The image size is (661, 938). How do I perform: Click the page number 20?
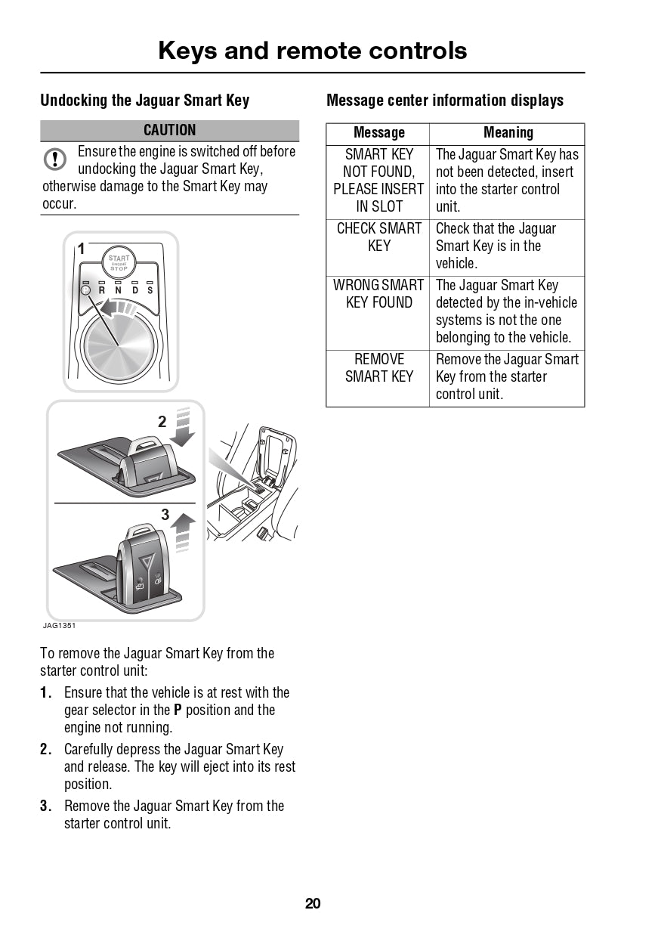[x=313, y=903]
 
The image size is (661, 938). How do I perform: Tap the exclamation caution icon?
[x=55, y=159]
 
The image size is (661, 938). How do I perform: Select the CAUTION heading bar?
[x=169, y=130]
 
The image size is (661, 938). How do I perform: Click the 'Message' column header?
[x=378, y=133]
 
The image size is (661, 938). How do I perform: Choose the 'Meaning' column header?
[x=508, y=133]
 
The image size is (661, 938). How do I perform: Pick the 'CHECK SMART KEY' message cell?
[x=378, y=237]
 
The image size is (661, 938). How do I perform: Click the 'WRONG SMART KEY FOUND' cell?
[x=378, y=294]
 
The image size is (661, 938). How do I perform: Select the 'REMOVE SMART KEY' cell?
[x=378, y=368]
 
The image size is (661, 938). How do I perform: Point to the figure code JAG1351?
[x=59, y=626]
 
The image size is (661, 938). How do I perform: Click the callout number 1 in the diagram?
[x=81, y=249]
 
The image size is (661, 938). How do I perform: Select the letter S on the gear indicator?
[x=150, y=290]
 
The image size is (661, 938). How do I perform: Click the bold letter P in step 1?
[x=178, y=710]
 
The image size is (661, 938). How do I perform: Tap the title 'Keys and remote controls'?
[x=313, y=51]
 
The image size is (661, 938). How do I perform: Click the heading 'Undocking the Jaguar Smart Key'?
[x=144, y=101]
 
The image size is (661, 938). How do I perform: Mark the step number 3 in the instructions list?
[x=45, y=806]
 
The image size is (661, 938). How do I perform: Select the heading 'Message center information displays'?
[x=445, y=101]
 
